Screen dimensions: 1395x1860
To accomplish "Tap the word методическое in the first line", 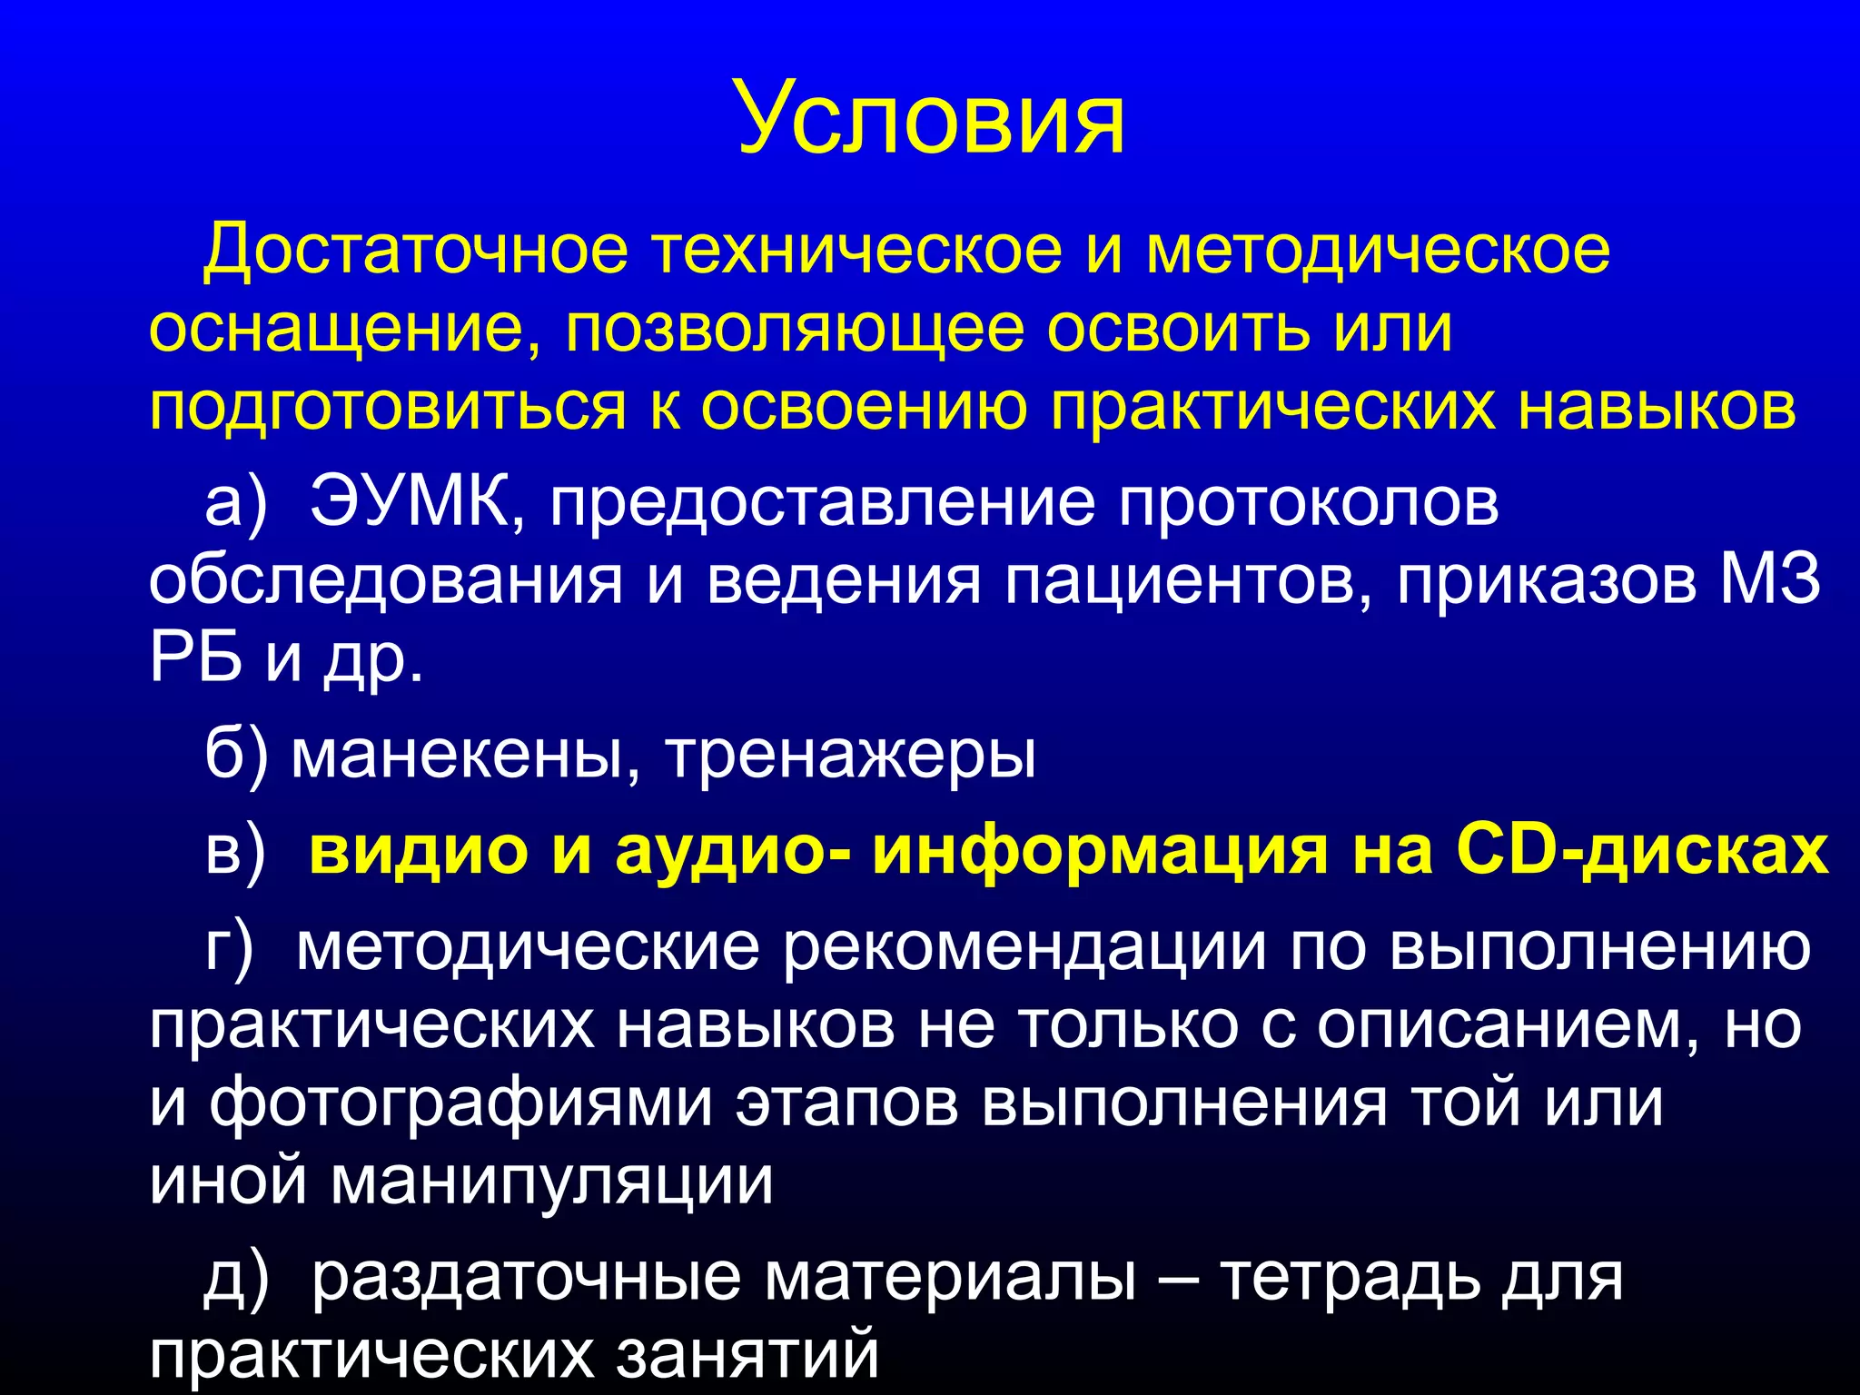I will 1378,250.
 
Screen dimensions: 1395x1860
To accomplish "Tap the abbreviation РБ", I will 195,658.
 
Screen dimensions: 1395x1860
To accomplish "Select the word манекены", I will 455,755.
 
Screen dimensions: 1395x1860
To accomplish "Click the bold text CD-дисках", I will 1642,851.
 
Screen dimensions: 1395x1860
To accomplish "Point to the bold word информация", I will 1099,851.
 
